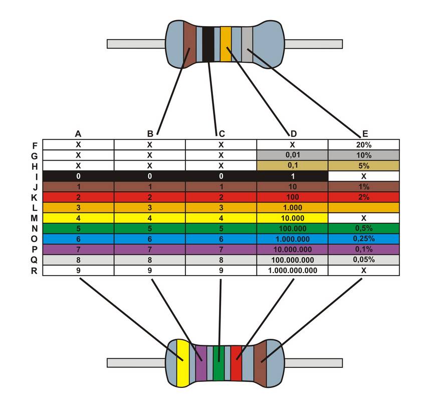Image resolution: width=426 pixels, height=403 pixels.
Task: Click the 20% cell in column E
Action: (x=364, y=144)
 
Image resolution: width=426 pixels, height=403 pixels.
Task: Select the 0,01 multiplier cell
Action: (x=293, y=155)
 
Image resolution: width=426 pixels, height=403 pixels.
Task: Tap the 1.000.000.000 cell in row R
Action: (x=293, y=271)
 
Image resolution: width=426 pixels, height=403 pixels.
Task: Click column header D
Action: (x=293, y=133)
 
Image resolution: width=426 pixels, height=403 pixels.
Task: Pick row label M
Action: (x=34, y=218)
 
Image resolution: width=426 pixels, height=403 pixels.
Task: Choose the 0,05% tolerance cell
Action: (x=364, y=260)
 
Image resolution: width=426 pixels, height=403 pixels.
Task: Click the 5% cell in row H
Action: (x=364, y=165)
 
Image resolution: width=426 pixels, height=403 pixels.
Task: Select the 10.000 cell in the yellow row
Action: (x=293, y=218)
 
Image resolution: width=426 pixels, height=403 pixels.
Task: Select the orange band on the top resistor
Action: (x=226, y=44)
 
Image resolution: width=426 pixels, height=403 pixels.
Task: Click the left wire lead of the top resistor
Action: (x=136, y=44)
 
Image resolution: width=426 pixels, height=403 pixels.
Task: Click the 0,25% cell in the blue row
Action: (x=364, y=239)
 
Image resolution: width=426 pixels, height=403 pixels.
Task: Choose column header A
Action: (x=78, y=133)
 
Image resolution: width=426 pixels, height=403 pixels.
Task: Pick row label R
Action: (x=34, y=271)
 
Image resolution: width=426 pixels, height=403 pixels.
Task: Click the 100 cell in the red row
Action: (x=293, y=197)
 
